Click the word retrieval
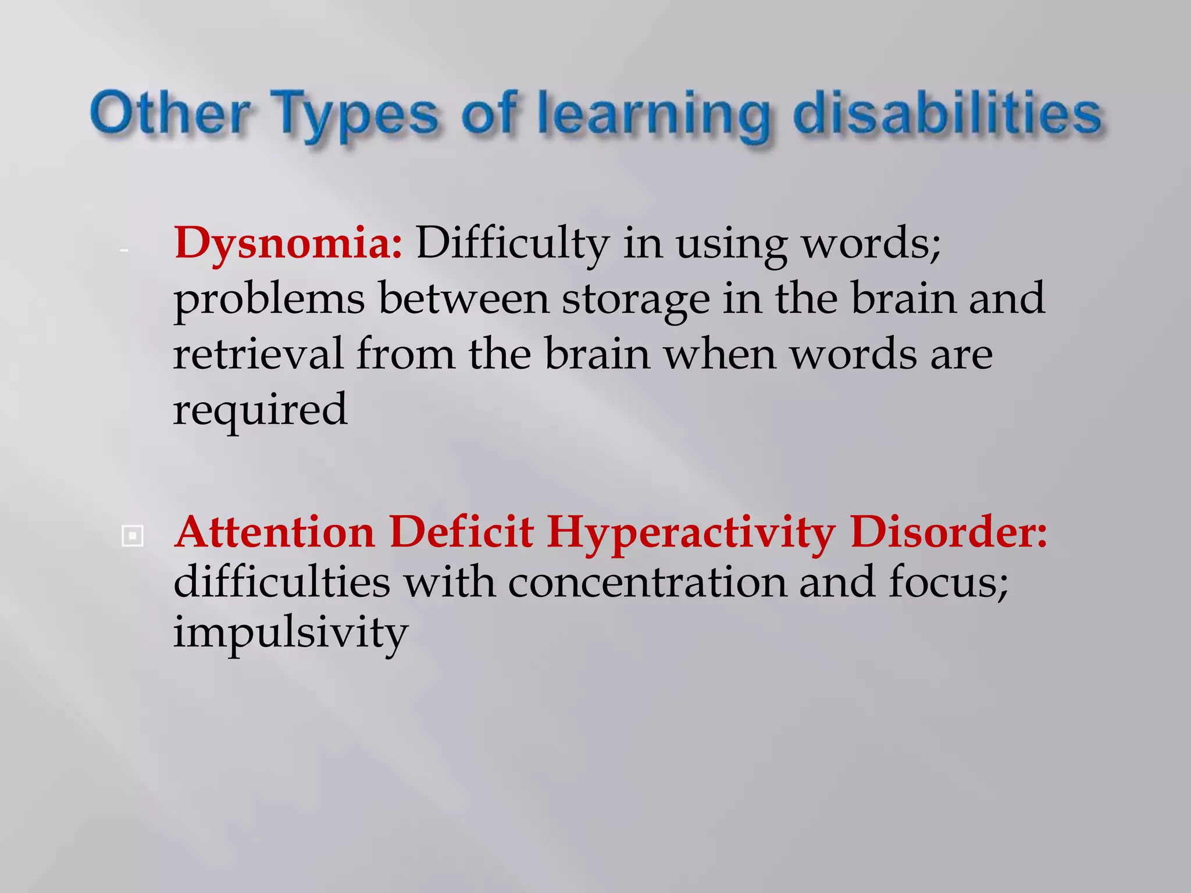click(258, 354)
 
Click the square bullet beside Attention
click(133, 536)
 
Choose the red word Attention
click(274, 533)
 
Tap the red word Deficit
click(462, 533)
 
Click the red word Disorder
click(947, 533)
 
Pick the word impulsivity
click(290, 633)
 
